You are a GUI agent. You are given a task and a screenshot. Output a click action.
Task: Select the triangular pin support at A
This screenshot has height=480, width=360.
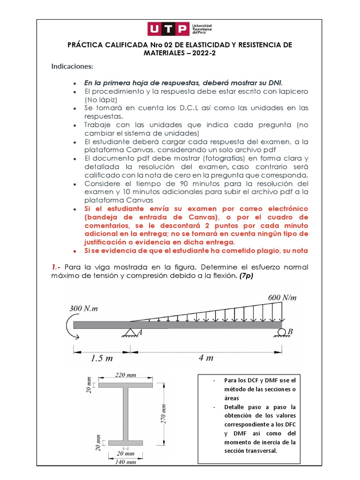[130, 332]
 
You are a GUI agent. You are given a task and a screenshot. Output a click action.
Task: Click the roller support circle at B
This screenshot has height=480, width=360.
[282, 332]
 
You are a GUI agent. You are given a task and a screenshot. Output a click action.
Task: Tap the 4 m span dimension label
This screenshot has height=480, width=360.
[206, 358]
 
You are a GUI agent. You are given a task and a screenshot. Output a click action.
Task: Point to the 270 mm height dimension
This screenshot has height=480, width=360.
[164, 414]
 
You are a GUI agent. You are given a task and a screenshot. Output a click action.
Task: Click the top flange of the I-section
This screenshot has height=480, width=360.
[126, 385]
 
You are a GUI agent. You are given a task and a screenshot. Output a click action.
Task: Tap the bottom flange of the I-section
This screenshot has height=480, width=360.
[126, 442]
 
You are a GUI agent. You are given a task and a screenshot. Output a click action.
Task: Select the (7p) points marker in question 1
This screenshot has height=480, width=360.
[246, 276]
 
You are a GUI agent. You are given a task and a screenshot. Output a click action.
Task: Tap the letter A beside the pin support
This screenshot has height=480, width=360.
[139, 332]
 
